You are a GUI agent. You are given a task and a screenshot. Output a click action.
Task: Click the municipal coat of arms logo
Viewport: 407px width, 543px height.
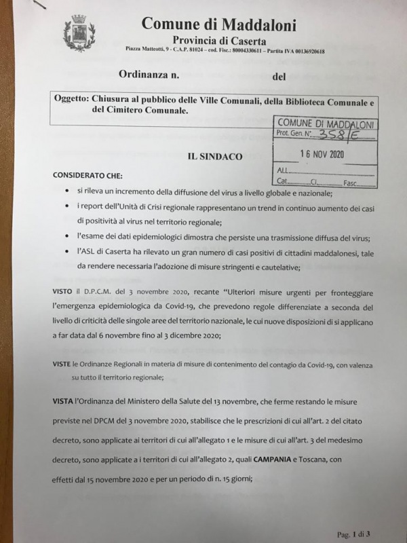[79, 34]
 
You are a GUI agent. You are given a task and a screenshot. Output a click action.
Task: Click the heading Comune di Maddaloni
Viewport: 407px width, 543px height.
[219, 24]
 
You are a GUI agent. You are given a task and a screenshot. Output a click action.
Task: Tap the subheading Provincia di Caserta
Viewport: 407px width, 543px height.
[214, 41]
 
